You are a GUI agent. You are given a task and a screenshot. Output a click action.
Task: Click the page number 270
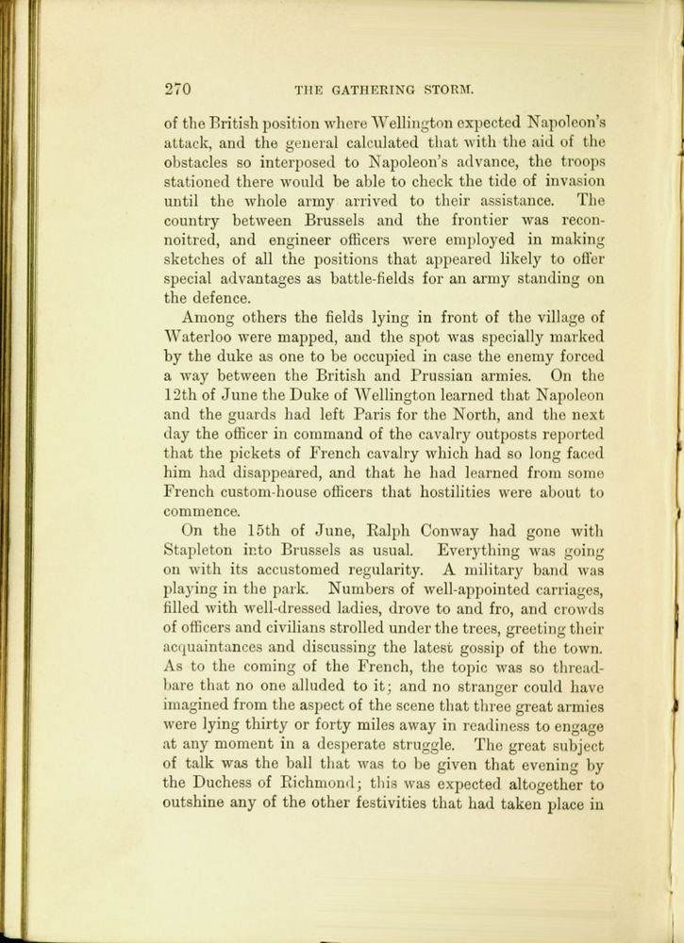(x=177, y=91)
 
